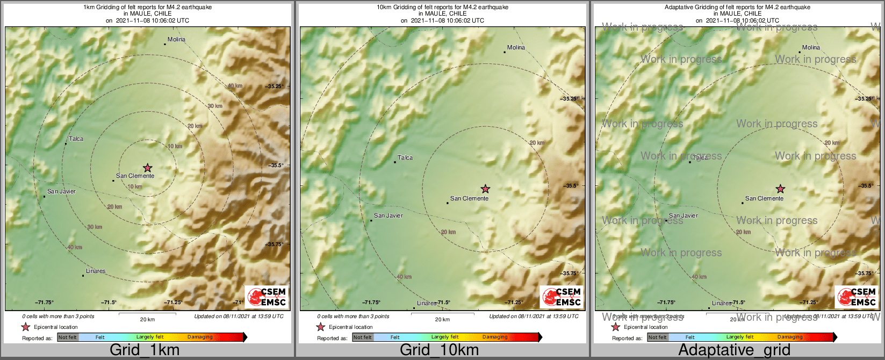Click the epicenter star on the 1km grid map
(148, 168)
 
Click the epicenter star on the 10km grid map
(485, 189)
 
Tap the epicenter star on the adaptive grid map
(780, 189)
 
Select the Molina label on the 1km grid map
(176, 39)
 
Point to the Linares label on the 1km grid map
(96, 271)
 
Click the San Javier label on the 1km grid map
(61, 191)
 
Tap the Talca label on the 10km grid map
(405, 157)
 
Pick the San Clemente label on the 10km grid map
(469, 198)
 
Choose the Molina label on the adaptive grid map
(811, 47)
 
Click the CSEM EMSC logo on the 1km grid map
(267, 297)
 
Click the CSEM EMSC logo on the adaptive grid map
(857, 297)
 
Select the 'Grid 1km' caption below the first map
(145, 350)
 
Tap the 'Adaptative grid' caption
(734, 350)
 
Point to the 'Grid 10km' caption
(439, 350)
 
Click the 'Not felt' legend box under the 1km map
(68, 337)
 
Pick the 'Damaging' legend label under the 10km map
(495, 337)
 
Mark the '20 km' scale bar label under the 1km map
(147, 319)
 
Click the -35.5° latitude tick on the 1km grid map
(276, 165)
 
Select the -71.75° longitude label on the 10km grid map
(371, 303)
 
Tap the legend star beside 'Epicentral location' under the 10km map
(321, 327)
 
